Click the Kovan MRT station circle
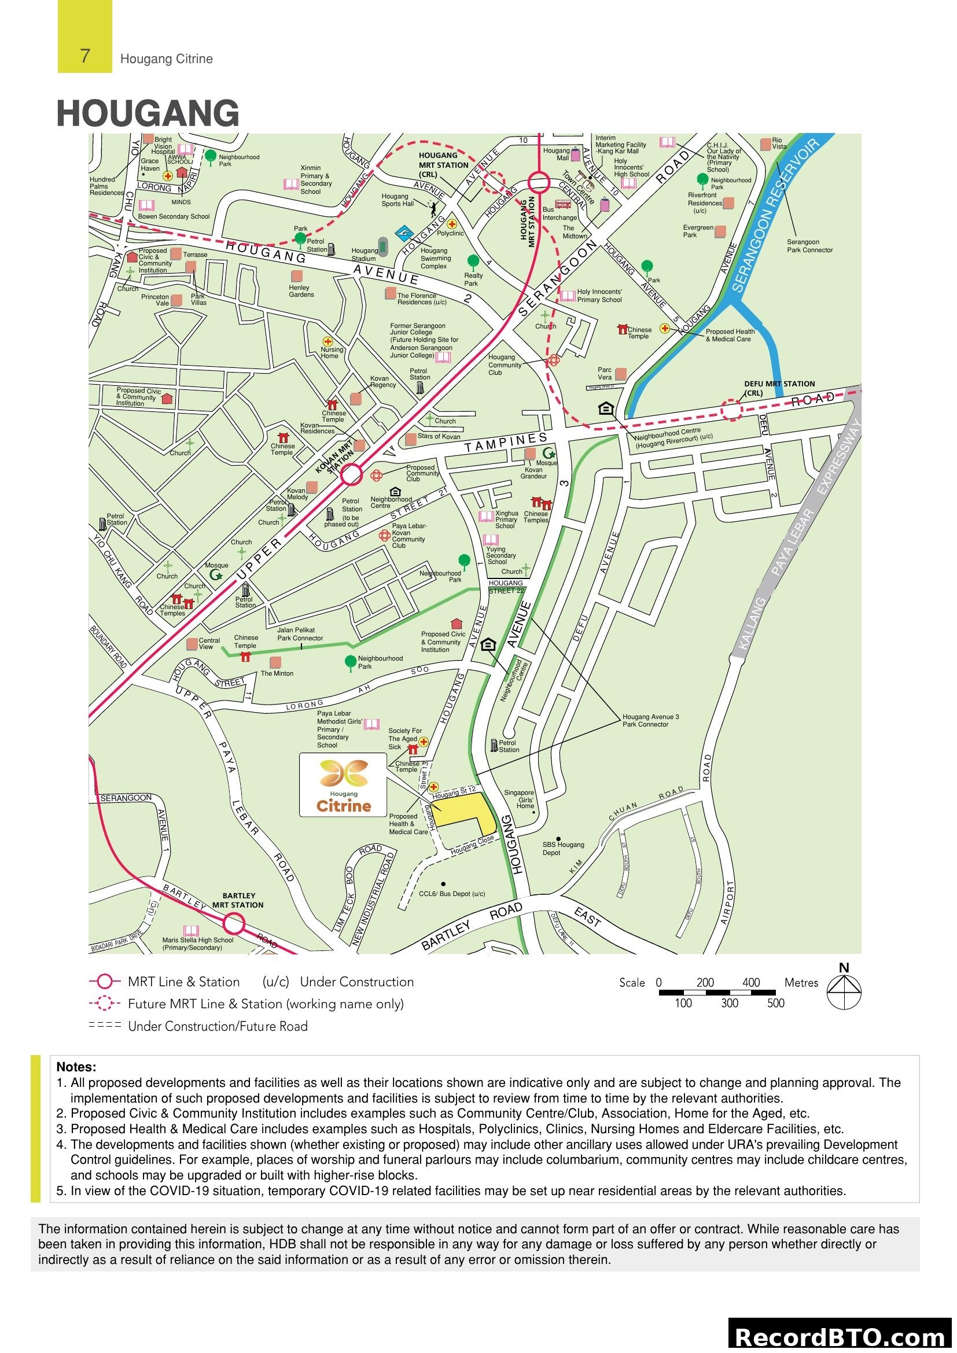click(x=352, y=474)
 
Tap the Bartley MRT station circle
click(x=234, y=923)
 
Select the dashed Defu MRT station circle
click(x=731, y=410)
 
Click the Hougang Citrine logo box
click(x=343, y=784)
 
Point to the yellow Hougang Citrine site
click(x=466, y=809)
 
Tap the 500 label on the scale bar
click(x=775, y=1003)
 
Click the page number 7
click(x=85, y=56)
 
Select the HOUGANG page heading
click(x=148, y=113)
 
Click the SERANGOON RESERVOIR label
click(x=775, y=215)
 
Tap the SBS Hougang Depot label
click(x=563, y=848)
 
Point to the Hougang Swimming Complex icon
click(x=404, y=233)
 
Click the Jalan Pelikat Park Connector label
click(x=300, y=633)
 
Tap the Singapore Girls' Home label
click(x=519, y=799)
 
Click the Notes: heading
click(x=76, y=1067)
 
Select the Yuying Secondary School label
click(x=501, y=555)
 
